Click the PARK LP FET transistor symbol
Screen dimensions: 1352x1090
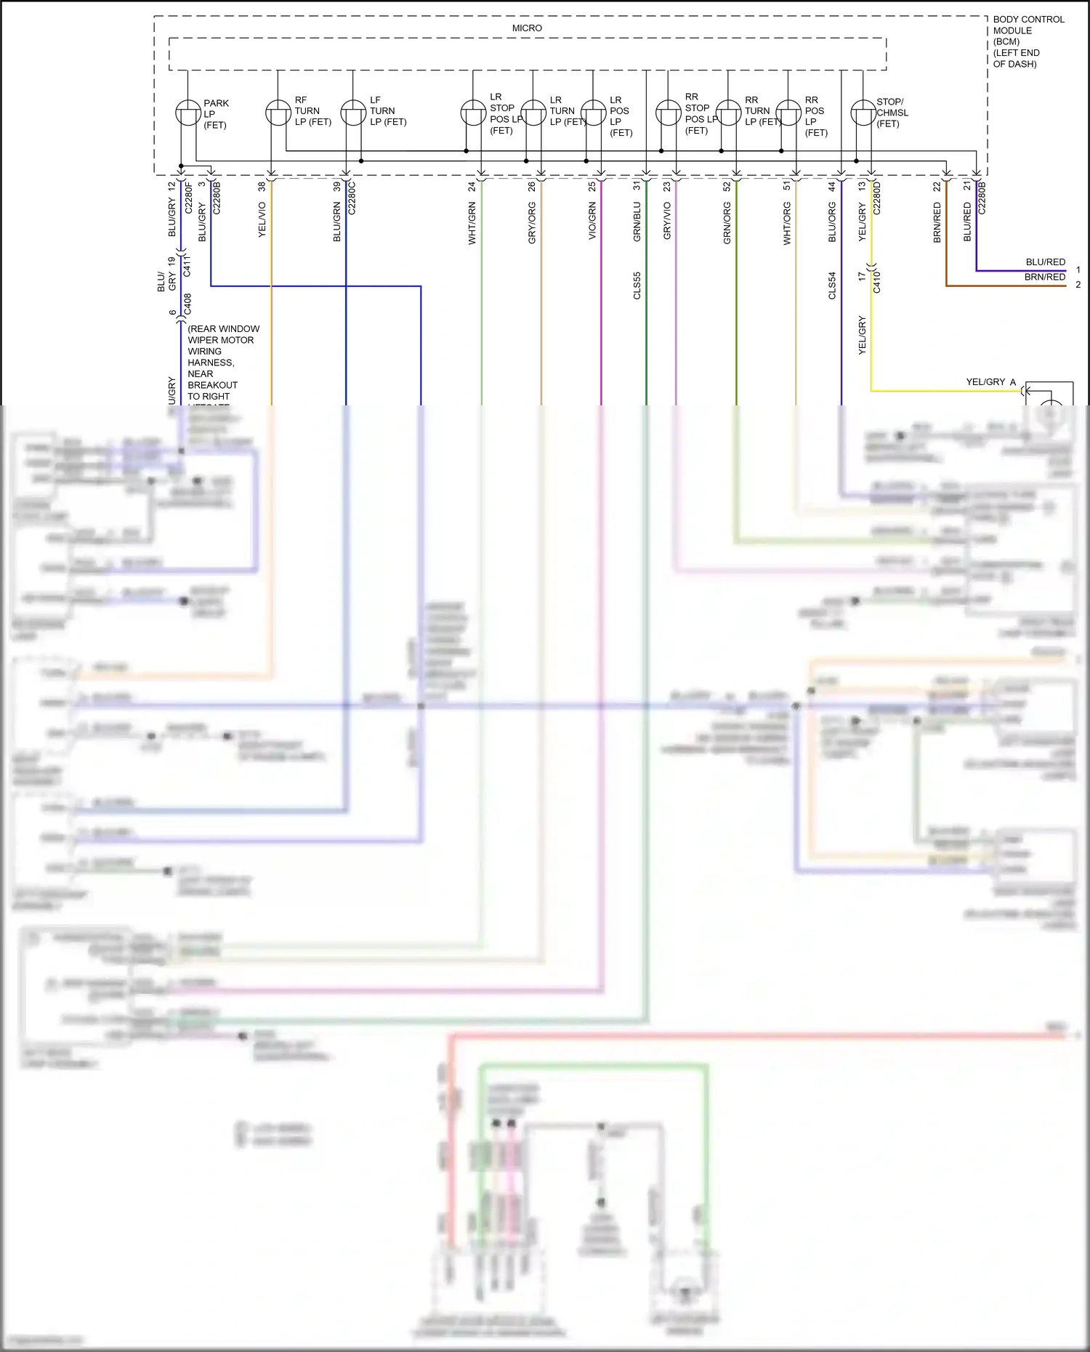click(x=188, y=113)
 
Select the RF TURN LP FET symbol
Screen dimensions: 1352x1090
click(x=278, y=113)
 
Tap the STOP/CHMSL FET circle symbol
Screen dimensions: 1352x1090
click(x=863, y=113)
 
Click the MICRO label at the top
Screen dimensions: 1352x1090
click(x=527, y=28)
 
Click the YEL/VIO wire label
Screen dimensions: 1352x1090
click(x=262, y=219)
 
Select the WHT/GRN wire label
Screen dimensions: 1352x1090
click(x=472, y=224)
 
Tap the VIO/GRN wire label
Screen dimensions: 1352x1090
click(x=592, y=221)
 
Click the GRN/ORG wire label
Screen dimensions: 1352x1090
click(x=727, y=223)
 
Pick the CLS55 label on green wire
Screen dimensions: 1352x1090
click(x=637, y=286)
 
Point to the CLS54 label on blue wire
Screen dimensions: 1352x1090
click(x=832, y=286)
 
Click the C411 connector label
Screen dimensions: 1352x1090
click(x=187, y=265)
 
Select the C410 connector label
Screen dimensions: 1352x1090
click(x=876, y=281)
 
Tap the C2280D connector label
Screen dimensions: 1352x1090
click(x=876, y=198)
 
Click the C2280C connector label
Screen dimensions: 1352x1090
click(x=352, y=198)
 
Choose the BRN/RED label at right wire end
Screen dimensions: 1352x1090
click(x=1044, y=277)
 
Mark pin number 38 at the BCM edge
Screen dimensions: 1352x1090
click(x=262, y=187)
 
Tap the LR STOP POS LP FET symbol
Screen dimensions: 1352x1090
click(x=473, y=113)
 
